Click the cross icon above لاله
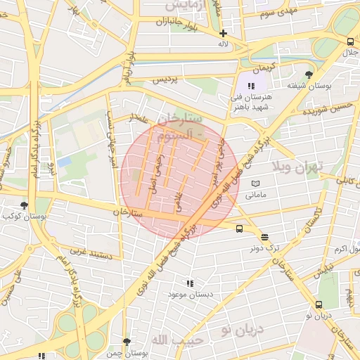click(223, 33)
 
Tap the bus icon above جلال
click(349, 40)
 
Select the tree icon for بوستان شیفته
click(309, 75)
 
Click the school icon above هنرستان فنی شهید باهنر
click(251, 85)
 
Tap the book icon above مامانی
click(255, 184)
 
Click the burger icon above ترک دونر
click(264, 237)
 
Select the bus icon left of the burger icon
click(240, 229)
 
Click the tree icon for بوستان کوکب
click(25, 205)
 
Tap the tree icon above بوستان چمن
click(127, 342)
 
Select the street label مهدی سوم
click(278, 13)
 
